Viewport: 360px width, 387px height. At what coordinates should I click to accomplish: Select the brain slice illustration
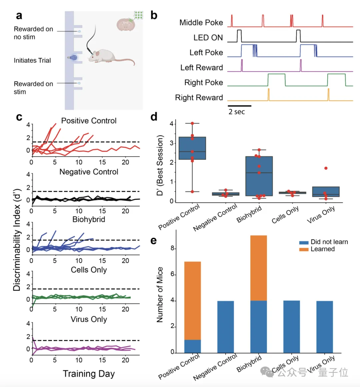[125, 24]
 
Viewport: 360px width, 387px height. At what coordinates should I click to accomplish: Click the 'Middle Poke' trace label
[201, 23]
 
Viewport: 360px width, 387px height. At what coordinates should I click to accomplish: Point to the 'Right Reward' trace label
[199, 98]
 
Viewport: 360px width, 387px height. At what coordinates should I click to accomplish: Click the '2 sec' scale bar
[239, 106]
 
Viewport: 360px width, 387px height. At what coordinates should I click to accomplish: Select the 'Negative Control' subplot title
[89, 172]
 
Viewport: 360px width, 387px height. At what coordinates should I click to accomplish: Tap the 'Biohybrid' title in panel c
[89, 220]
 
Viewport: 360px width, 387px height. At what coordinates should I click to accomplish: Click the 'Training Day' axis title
[89, 374]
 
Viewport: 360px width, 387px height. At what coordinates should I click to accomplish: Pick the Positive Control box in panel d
[192, 148]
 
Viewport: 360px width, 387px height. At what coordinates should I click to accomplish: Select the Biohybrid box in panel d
[259, 176]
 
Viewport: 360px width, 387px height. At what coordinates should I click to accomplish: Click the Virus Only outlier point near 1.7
[326, 168]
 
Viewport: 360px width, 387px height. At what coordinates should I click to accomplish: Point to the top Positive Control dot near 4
[192, 123]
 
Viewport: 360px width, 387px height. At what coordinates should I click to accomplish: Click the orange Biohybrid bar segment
[259, 268]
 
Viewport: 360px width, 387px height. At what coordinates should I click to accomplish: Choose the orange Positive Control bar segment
[192, 301]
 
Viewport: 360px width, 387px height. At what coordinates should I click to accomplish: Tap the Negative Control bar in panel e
[226, 327]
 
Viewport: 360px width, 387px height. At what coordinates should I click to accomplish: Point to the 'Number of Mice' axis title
[160, 295]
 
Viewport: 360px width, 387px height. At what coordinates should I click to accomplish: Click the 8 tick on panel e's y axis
[172, 249]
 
